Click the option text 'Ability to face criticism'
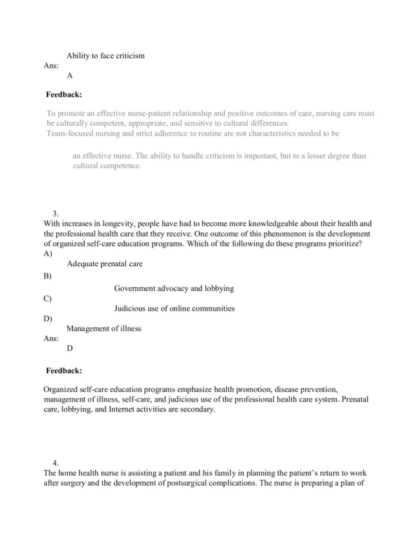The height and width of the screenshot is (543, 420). point(105,55)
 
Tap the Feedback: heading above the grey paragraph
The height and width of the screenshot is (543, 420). point(64,93)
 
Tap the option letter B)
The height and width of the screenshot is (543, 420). point(48,276)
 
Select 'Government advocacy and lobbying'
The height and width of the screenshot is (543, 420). point(174,288)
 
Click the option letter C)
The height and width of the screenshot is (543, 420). point(48,298)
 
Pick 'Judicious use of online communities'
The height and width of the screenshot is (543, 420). point(174,308)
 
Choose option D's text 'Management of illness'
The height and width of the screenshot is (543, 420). point(104,327)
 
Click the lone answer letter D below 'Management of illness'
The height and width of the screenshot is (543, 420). point(70,347)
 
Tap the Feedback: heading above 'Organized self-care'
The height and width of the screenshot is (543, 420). point(64,370)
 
